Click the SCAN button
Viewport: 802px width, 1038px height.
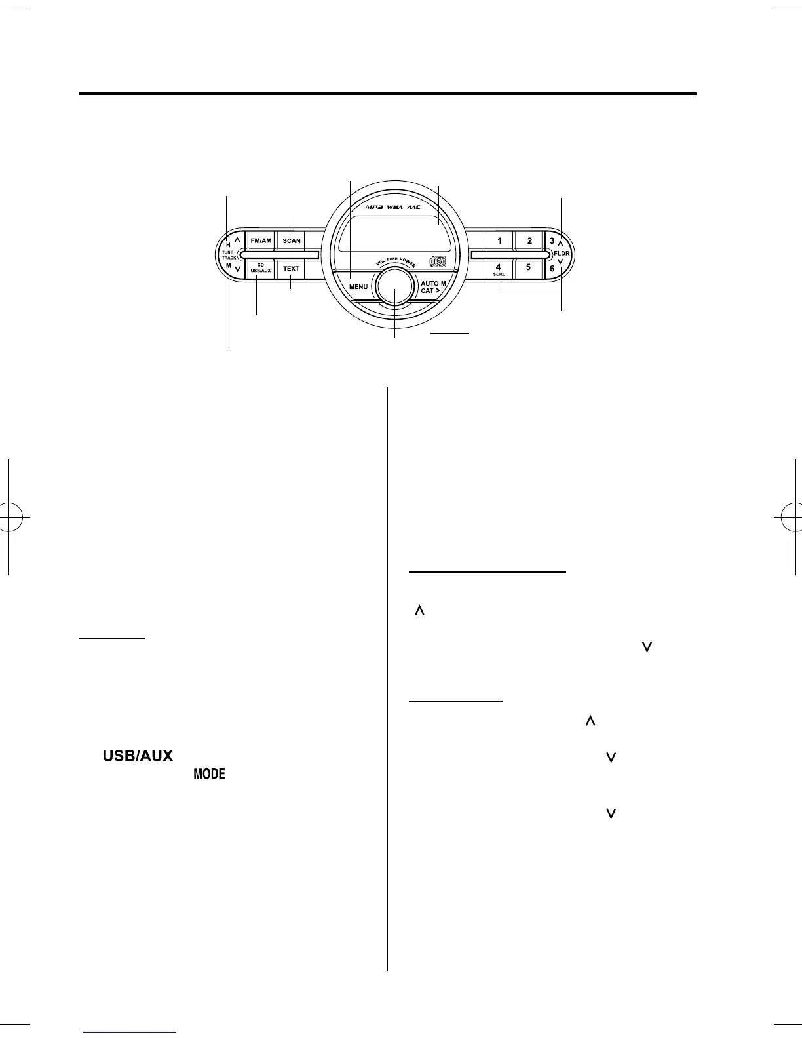coord(292,240)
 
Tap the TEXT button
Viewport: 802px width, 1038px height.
coord(292,269)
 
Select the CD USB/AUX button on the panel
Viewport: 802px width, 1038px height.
coord(260,268)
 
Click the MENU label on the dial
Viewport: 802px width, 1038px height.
coord(358,287)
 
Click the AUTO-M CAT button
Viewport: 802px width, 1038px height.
coord(433,286)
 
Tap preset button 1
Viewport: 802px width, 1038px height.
coord(499,240)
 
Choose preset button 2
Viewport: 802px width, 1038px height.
coord(529,240)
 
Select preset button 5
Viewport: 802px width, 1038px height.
coord(528,267)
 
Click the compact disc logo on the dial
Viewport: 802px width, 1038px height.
coord(437,262)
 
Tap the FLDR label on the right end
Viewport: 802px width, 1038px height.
coord(562,253)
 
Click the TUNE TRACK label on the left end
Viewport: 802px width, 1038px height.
coord(228,255)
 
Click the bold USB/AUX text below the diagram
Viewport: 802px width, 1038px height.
coord(136,756)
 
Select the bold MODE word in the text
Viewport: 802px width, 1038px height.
coord(209,774)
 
